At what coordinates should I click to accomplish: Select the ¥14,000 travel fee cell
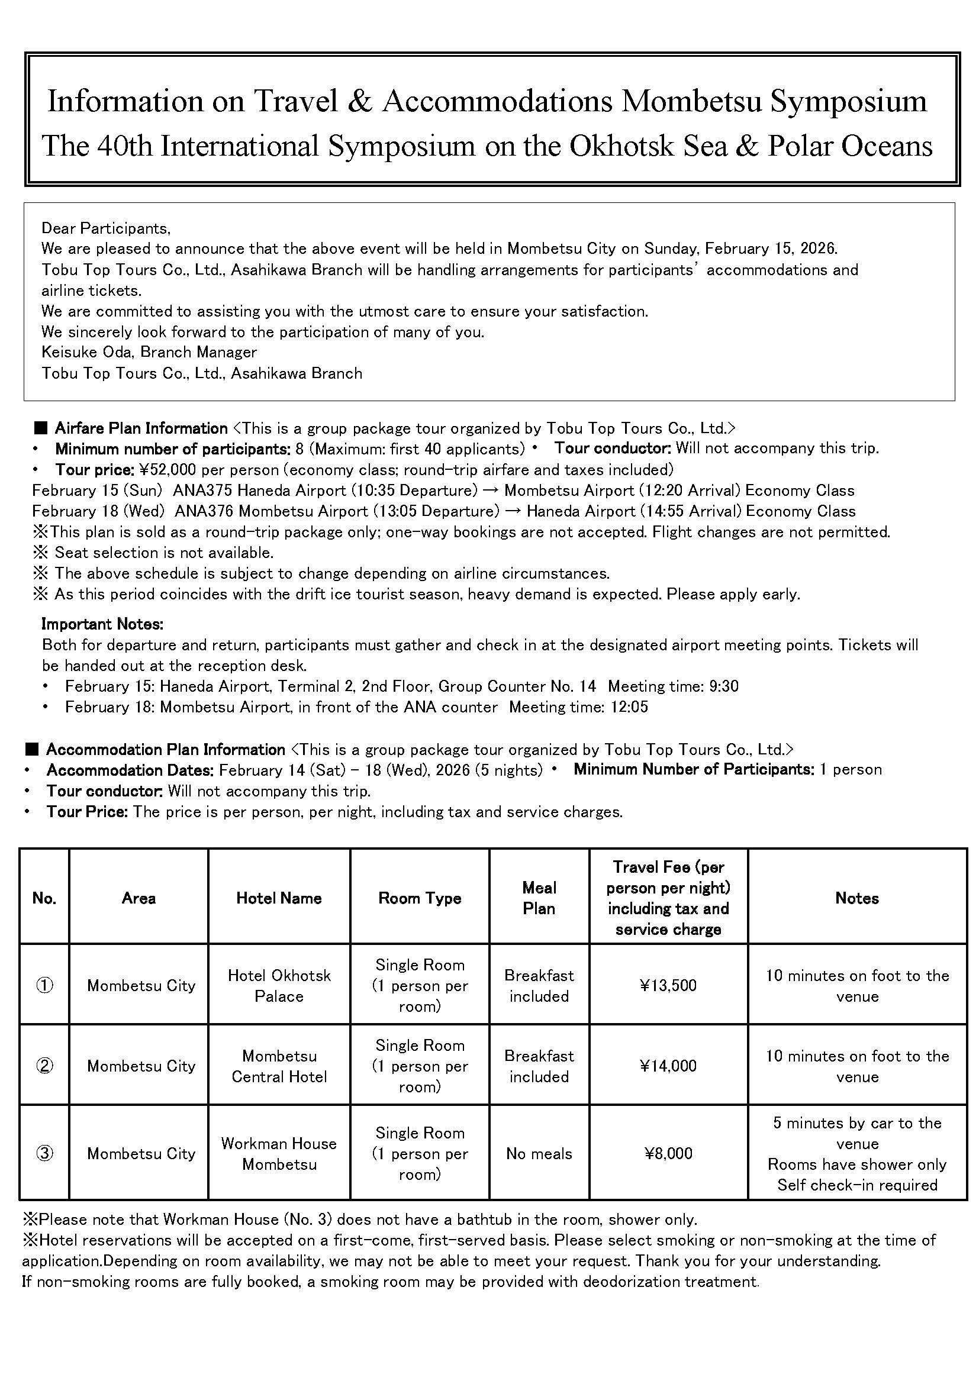(x=668, y=1066)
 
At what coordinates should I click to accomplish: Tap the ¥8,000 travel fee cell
(x=668, y=1153)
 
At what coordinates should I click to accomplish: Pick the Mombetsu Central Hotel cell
(x=279, y=1066)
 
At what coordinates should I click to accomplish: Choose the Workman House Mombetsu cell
(x=279, y=1153)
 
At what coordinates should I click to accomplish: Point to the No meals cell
(x=539, y=1153)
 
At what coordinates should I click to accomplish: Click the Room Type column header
(x=420, y=898)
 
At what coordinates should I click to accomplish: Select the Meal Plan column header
(x=539, y=898)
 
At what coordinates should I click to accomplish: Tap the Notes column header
(x=856, y=898)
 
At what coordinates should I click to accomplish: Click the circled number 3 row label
(x=44, y=1153)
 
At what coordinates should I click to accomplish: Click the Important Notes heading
(x=102, y=624)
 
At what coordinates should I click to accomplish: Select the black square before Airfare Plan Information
(x=41, y=428)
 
